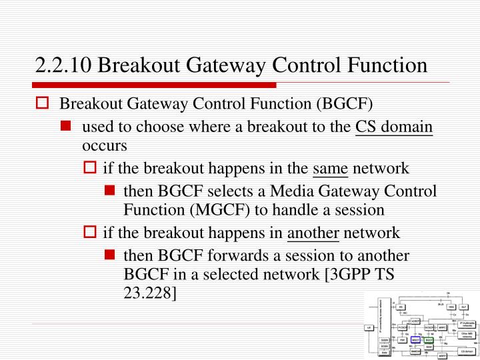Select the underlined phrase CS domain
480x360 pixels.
pos(394,127)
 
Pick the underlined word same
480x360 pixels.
pos(331,167)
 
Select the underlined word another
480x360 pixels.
pos(313,233)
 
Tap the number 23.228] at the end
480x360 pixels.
pos(150,292)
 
